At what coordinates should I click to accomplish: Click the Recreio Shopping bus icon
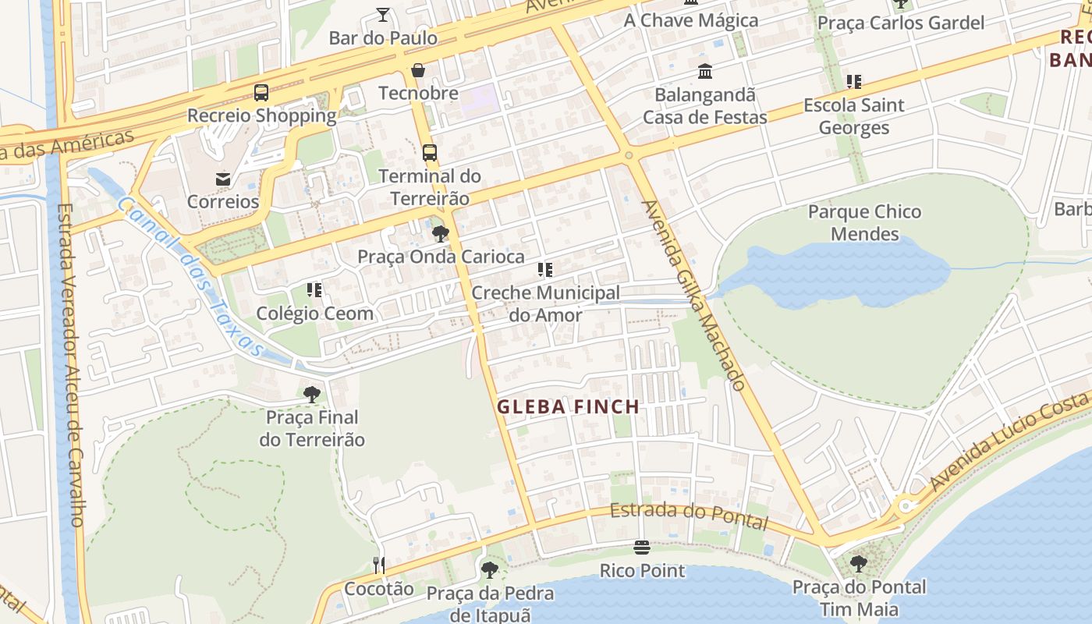click(x=261, y=93)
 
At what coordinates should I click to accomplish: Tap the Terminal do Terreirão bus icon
click(x=429, y=153)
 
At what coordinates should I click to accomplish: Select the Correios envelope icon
click(x=223, y=179)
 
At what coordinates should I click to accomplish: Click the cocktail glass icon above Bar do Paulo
click(x=383, y=14)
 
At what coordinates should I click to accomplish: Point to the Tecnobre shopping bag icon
click(x=418, y=70)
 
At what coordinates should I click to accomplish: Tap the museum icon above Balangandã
click(x=705, y=72)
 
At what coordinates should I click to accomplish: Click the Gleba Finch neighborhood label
click(x=568, y=406)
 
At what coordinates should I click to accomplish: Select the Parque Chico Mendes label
click(x=864, y=223)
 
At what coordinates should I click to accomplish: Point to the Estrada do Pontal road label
click(x=689, y=514)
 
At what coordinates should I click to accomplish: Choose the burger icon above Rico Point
click(x=642, y=548)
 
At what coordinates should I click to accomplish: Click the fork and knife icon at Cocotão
click(x=379, y=565)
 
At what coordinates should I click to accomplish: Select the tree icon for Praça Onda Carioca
click(x=441, y=233)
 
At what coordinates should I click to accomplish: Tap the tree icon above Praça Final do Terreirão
click(x=312, y=394)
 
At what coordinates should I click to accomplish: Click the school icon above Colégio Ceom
click(x=314, y=290)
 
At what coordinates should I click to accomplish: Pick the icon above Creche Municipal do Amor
click(x=545, y=270)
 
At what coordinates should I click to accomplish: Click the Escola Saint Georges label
click(x=853, y=116)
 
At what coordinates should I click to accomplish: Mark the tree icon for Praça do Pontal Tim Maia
click(x=859, y=563)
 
